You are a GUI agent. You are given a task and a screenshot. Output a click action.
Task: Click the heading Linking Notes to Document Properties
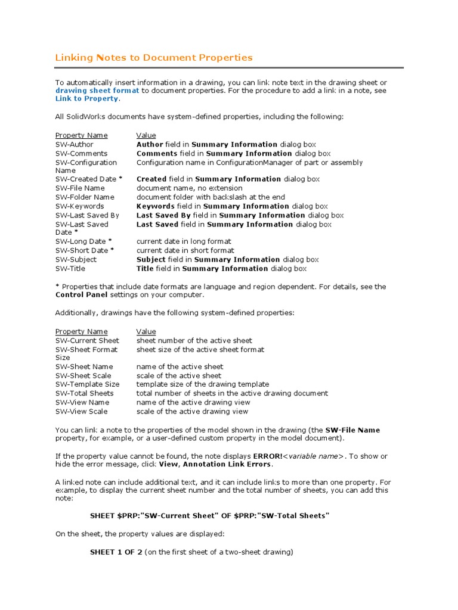tap(154, 58)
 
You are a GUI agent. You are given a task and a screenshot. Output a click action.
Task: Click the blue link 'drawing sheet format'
tap(97, 91)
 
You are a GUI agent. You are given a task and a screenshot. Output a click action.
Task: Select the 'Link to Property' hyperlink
tap(86, 99)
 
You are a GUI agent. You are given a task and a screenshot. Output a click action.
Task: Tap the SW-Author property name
tap(75, 144)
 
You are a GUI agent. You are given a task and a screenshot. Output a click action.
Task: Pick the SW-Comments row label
tap(82, 153)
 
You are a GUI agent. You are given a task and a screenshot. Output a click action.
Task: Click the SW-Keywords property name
tap(79, 206)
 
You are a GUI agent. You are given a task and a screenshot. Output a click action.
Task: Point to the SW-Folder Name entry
tap(85, 197)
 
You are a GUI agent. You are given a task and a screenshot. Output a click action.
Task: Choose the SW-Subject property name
tap(76, 260)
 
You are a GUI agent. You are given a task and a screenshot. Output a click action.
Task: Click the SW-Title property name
tap(70, 269)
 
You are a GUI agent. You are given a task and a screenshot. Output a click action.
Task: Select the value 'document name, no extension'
tap(190, 188)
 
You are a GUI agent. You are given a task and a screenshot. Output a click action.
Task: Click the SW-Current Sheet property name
tap(87, 341)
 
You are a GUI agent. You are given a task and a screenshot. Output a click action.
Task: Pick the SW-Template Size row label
tap(87, 384)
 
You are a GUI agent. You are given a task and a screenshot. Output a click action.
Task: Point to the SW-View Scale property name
tap(82, 412)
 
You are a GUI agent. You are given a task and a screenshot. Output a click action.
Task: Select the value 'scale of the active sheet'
tap(179, 376)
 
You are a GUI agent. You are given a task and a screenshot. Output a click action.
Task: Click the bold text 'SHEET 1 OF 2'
tap(116, 552)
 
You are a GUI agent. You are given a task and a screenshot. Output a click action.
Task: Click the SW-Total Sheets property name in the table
tap(85, 393)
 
